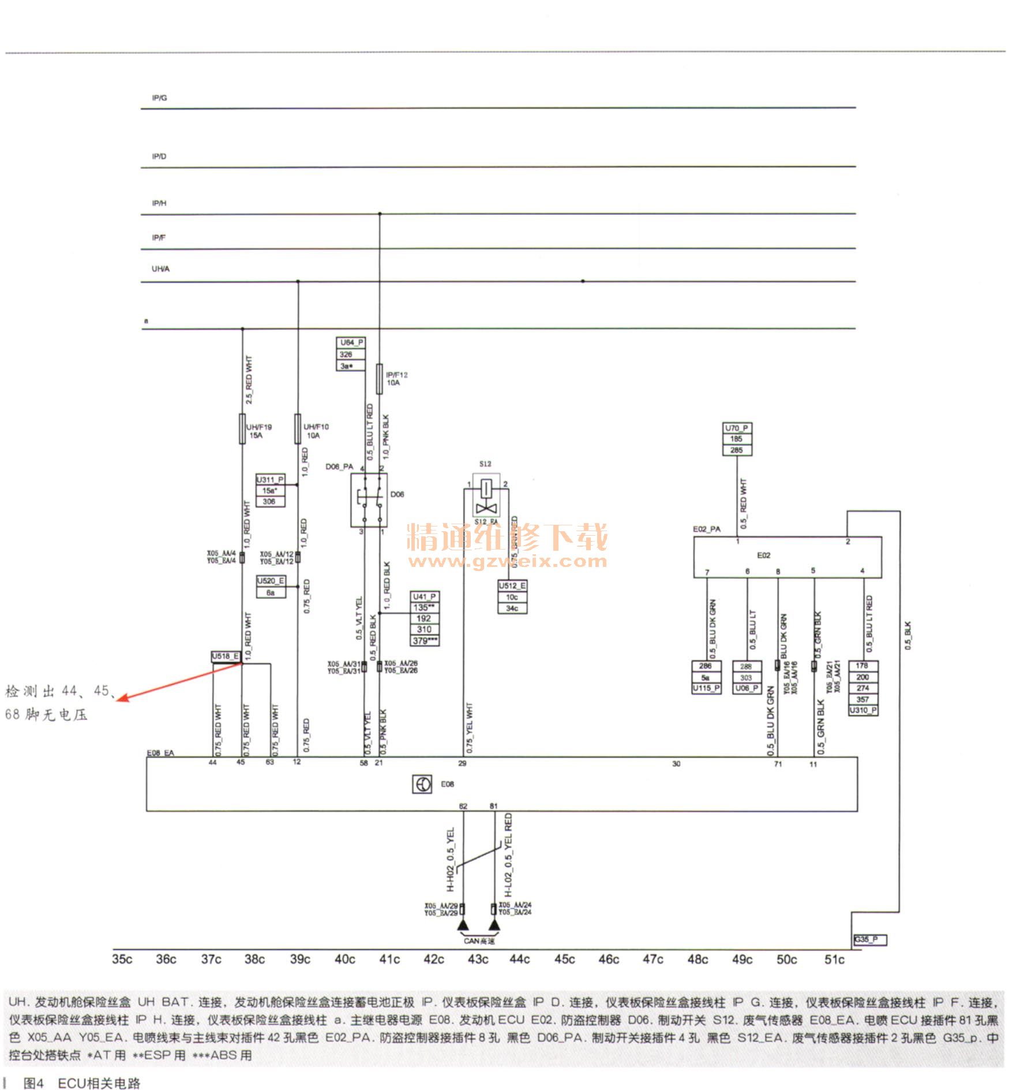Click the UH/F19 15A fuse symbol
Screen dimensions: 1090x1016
[242, 428]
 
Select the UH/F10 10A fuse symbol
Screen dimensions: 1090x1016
[298, 428]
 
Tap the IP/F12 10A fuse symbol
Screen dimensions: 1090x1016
[379, 379]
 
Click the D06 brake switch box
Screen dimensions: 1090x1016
[369, 500]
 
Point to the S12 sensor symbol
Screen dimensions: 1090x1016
[486, 498]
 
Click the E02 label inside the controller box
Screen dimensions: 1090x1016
[763, 555]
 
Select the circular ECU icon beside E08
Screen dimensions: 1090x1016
[422, 784]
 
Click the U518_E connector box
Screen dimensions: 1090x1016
[225, 656]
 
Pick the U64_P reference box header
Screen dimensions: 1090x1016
[351, 342]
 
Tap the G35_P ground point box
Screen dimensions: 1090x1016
[869, 940]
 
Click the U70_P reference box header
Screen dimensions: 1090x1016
[737, 428]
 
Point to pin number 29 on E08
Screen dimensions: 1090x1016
[462, 763]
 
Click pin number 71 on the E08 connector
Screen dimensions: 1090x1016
[778, 764]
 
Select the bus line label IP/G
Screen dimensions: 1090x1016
[159, 98]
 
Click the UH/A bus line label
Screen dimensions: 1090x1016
[160, 269]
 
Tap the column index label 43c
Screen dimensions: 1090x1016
[478, 960]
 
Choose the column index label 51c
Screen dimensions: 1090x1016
[834, 960]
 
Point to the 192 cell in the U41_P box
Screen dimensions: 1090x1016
[425, 618]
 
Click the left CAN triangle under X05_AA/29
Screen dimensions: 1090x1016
[463, 927]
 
